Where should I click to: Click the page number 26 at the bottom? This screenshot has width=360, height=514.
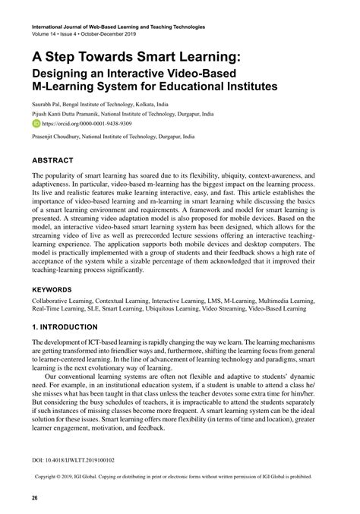(35, 498)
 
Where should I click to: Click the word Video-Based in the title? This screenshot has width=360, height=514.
(200, 72)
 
